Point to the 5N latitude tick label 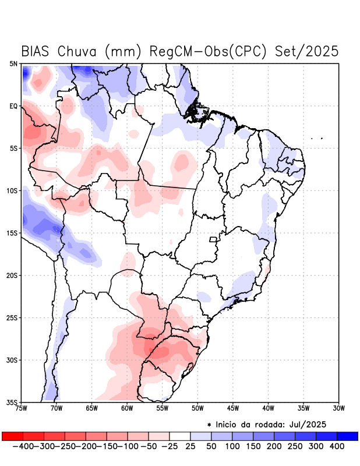13,64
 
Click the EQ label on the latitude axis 13,106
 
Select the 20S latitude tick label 12,276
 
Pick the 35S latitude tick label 12,402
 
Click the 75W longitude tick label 22,408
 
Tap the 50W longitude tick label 197,408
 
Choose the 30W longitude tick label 338,408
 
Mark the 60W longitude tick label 127,408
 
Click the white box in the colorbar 180,436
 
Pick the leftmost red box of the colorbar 13,436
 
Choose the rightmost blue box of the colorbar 347,436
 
